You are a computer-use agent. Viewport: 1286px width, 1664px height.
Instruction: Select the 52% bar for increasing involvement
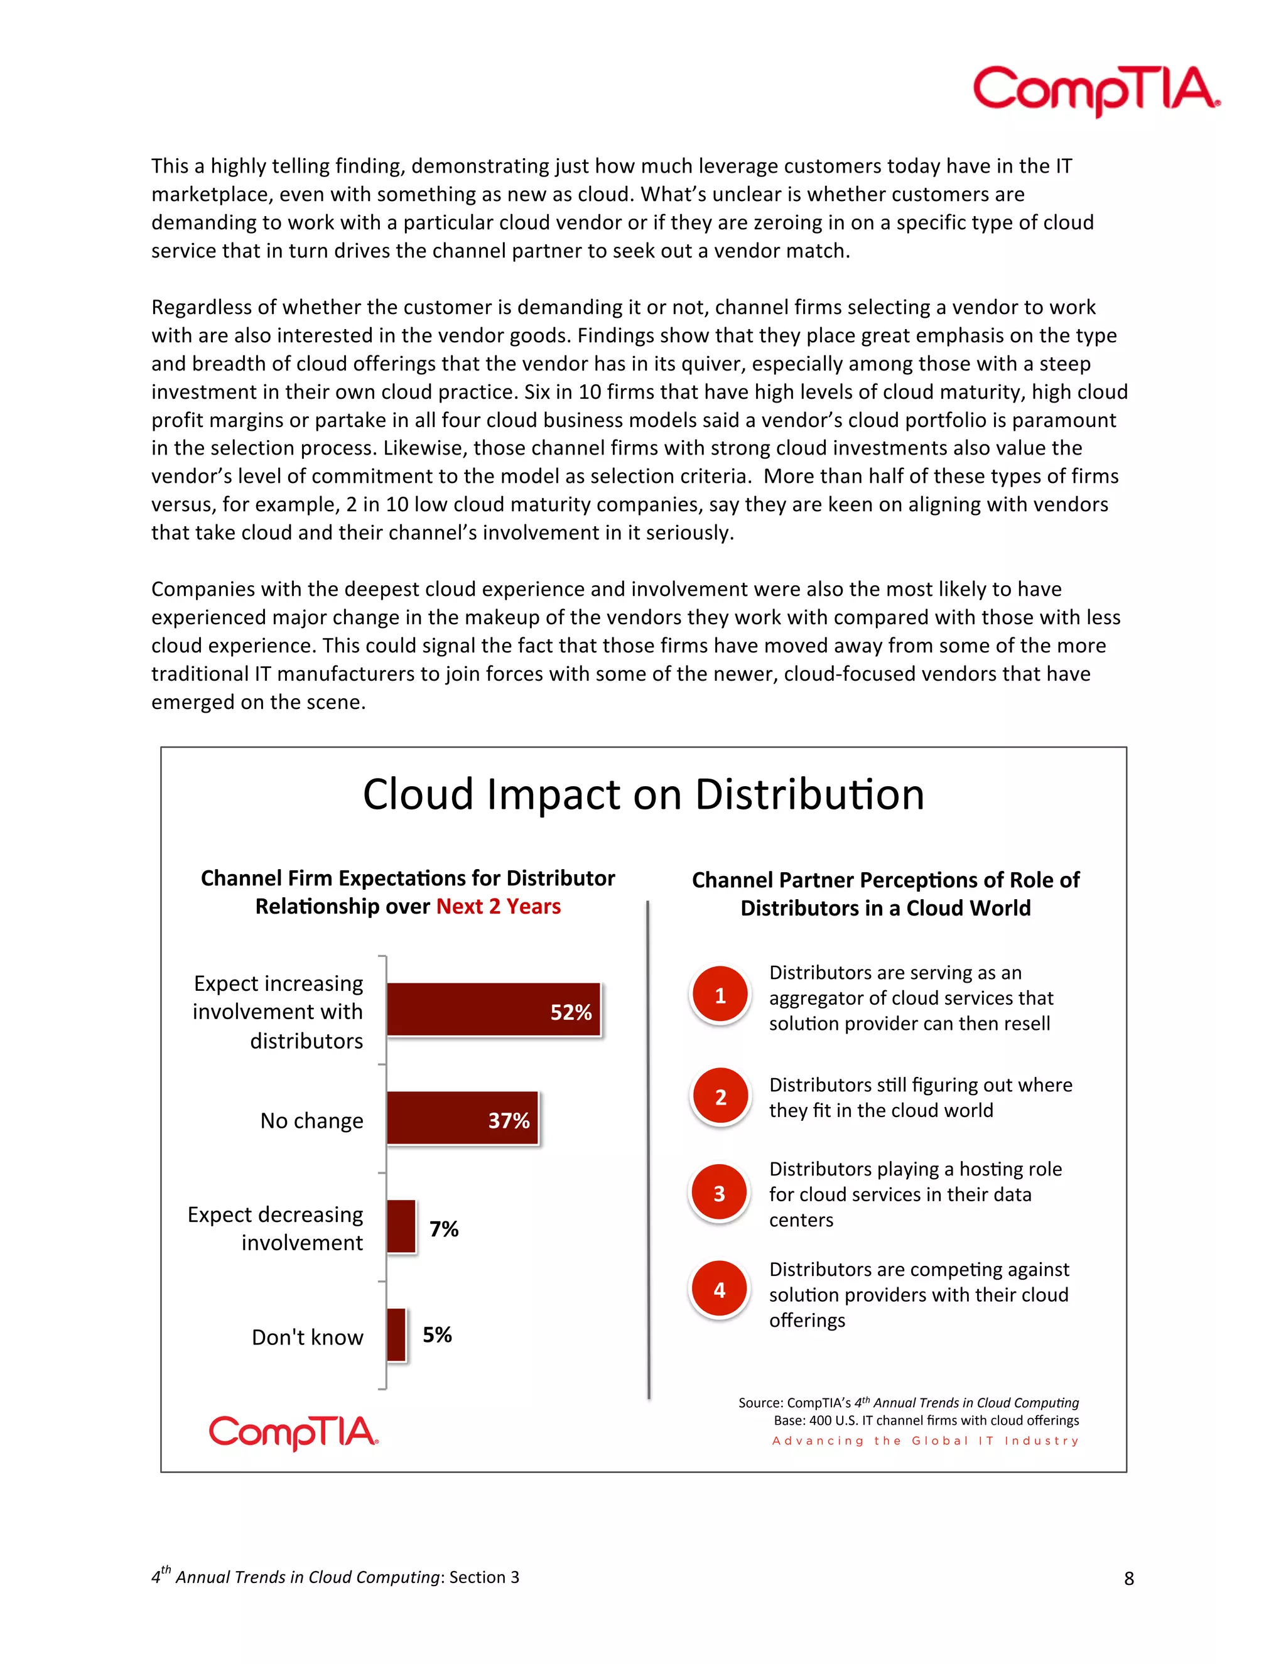493,1010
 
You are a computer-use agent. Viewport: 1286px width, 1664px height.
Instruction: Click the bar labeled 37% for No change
462,1118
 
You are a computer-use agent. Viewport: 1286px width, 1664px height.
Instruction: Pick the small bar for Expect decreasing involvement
401,1226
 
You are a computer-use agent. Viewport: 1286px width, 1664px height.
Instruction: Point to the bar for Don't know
396,1334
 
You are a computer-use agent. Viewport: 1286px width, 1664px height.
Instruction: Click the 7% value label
443,1229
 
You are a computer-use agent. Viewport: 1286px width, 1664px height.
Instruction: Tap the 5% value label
437,1335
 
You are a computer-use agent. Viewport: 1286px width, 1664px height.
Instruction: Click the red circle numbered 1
720,995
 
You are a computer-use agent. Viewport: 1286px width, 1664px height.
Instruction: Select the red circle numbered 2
720,1097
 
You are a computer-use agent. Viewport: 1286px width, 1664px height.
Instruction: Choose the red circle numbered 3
719,1193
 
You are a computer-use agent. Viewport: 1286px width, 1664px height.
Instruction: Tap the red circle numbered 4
719,1289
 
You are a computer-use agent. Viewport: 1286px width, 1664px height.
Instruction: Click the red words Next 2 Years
498,907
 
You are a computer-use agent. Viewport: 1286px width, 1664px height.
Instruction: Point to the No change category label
311,1121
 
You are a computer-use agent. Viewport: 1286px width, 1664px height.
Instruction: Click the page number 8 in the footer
1128,1579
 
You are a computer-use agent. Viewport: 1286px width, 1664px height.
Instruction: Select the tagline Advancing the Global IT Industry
925,1440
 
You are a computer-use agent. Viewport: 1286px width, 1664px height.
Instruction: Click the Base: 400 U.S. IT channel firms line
926,1420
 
